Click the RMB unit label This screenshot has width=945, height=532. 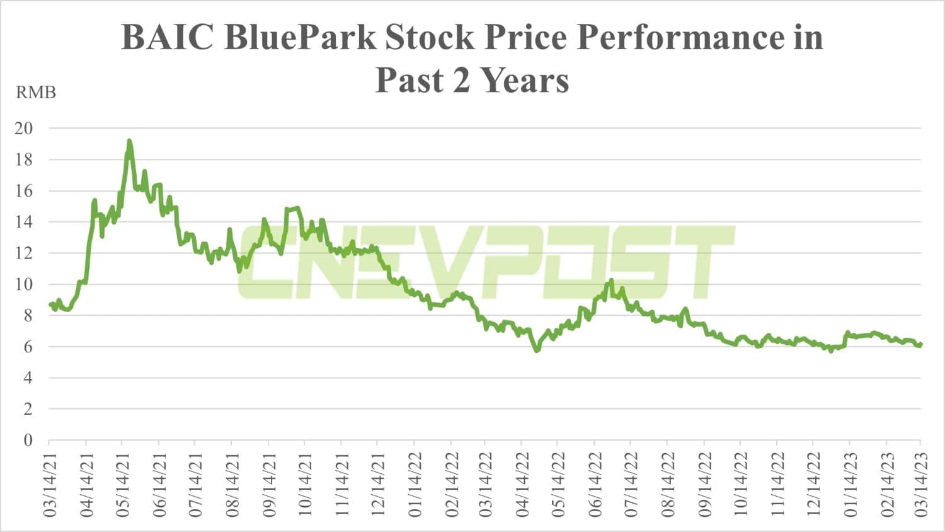point(36,93)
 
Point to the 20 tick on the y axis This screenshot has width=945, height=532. point(24,128)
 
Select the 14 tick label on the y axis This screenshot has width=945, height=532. point(24,222)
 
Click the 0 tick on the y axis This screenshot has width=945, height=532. point(28,440)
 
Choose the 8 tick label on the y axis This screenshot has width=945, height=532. point(28,315)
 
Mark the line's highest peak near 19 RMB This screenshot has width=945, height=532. point(129,141)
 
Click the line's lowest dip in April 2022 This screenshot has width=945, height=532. point(537,350)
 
